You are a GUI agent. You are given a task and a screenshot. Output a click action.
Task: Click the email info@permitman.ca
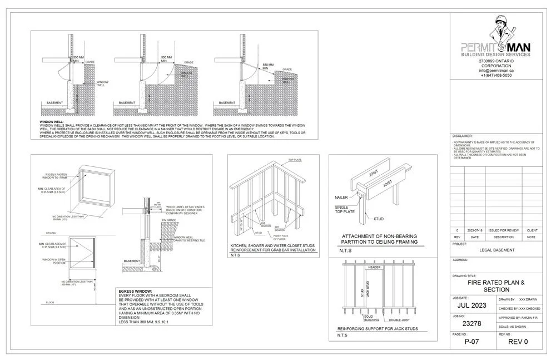click(496, 71)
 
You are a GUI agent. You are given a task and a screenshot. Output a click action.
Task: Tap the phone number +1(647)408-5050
click(496, 76)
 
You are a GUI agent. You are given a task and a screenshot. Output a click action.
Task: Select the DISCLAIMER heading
click(463, 136)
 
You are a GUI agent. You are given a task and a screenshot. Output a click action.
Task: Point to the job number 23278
click(472, 323)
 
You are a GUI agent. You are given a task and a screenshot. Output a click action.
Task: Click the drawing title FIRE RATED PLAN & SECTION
click(496, 286)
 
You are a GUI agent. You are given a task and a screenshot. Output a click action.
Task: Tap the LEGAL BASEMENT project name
click(496, 250)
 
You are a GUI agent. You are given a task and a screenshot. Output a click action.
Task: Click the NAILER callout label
click(342, 197)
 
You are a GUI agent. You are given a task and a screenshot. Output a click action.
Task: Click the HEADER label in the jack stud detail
click(374, 267)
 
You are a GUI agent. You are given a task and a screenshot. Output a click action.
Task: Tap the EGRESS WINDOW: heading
click(136, 291)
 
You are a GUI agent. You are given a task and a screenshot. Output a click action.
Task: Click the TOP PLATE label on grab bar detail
click(294, 160)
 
